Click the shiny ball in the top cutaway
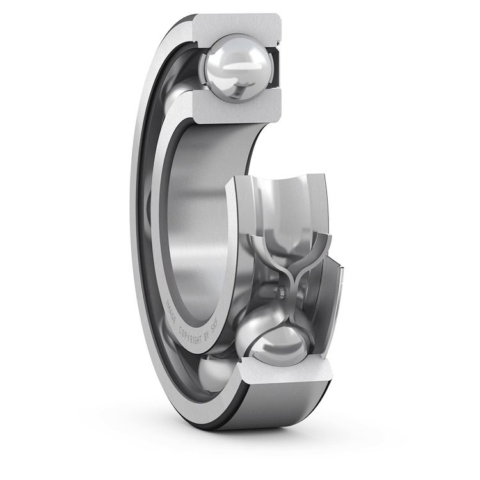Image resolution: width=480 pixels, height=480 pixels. [x=236, y=68]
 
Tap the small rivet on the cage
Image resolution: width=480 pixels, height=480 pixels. [x=281, y=294]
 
